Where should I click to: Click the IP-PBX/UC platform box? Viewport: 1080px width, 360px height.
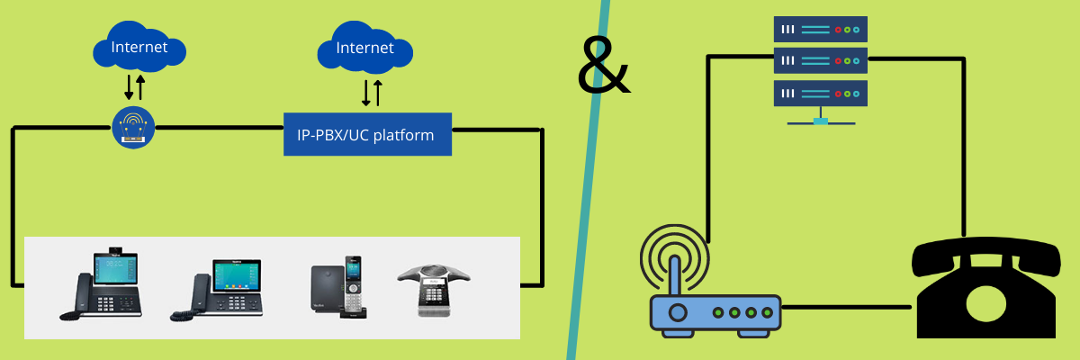(366, 134)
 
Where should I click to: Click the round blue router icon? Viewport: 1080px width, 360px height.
(133, 127)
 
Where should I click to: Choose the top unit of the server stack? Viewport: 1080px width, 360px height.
(820, 30)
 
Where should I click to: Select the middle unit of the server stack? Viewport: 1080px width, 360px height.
(820, 61)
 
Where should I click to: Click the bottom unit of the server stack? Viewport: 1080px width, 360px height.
(820, 93)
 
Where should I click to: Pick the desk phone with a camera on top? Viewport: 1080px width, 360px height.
(103, 281)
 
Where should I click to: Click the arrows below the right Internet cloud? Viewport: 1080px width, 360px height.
(372, 92)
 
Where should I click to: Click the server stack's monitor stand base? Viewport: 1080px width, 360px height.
(820, 121)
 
